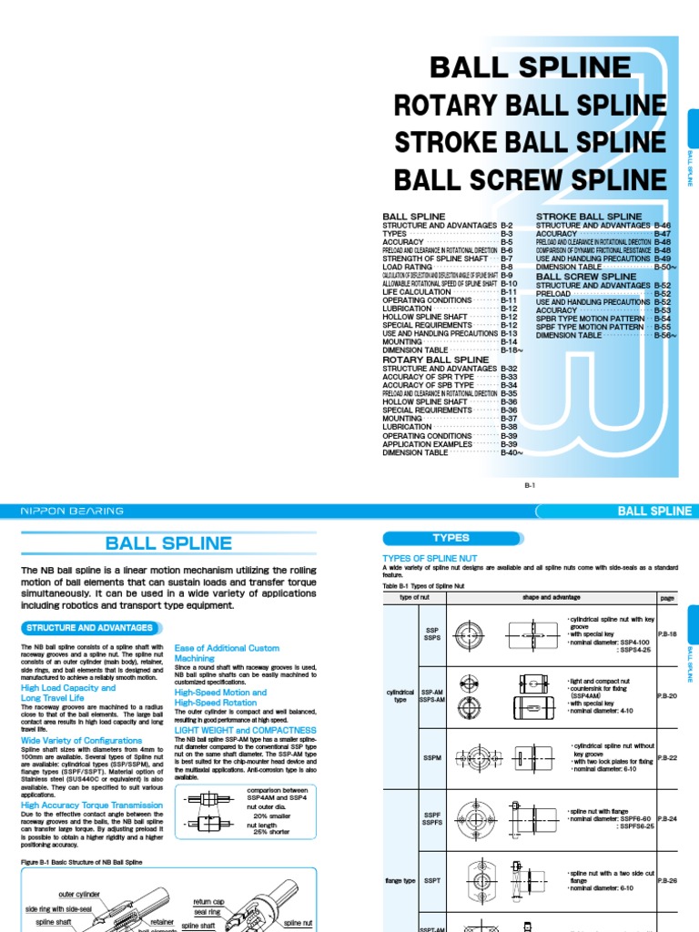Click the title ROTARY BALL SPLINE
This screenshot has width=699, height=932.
coord(530,106)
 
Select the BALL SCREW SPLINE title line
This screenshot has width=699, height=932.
coord(530,178)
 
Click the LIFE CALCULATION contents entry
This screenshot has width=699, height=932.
coord(416,291)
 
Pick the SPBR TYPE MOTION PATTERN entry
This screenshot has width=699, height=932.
coord(592,319)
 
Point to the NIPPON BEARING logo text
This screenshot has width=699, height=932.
coord(72,512)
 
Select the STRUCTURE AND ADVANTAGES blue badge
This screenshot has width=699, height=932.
coord(89,628)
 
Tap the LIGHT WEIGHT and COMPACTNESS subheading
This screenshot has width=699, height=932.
coord(245,730)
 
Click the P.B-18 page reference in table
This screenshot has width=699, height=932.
coord(666,634)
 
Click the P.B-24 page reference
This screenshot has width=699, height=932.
coord(666,818)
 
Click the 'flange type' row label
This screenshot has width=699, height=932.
coord(399,880)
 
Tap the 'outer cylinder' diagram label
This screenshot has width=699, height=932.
coord(78,894)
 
